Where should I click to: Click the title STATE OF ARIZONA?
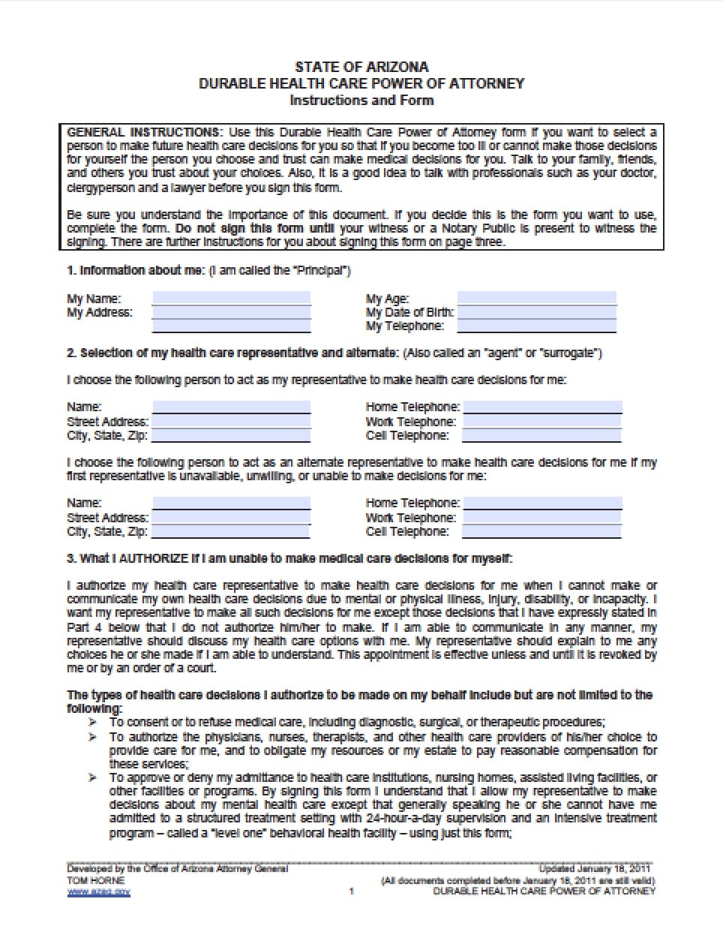[361, 67]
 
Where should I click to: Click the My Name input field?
[231, 298]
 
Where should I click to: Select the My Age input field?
[536, 298]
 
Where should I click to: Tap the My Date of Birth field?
[536, 312]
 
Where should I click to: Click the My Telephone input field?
[536, 326]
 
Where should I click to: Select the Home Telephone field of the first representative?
[542, 407]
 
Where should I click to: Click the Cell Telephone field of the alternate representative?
[542, 531]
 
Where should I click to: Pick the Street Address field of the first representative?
[231, 422]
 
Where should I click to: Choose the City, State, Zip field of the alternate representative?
[231, 531]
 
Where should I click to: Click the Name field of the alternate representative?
[231, 503]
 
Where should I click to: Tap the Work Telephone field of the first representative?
[542, 422]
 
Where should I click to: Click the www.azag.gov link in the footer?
[99, 891]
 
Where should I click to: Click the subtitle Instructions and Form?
[361, 100]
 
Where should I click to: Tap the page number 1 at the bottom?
[351, 891]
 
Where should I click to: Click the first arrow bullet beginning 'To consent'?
[93, 722]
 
